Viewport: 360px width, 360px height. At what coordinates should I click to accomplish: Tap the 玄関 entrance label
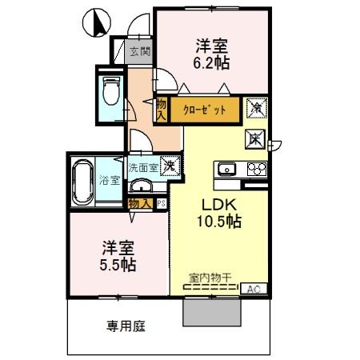(x=139, y=53)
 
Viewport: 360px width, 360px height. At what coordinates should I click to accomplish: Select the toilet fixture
(x=110, y=94)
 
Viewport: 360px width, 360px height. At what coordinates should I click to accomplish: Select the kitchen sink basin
(x=226, y=169)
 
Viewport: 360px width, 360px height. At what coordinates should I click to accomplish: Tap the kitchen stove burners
(x=256, y=169)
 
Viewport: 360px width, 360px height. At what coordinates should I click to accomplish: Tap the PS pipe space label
(x=162, y=203)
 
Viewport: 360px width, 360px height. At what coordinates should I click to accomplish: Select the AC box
(x=255, y=289)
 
